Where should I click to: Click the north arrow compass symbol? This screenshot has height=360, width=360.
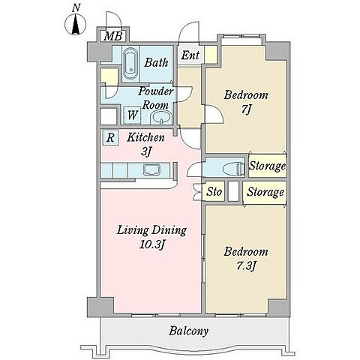tap(76, 24)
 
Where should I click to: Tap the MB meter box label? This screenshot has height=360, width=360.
tap(113, 36)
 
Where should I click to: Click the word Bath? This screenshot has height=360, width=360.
tap(156, 62)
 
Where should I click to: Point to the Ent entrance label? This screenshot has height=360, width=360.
tap(190, 55)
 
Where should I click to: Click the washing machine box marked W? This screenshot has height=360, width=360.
tap(133, 115)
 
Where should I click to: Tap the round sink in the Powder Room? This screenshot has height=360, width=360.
tap(161, 117)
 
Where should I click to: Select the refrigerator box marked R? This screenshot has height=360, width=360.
tap(110, 138)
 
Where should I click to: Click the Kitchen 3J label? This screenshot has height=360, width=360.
tap(145, 144)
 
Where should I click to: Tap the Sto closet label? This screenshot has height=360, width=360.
tap(214, 192)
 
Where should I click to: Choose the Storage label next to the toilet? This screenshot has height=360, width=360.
tap(268, 166)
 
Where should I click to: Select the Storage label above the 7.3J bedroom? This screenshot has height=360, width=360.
tap(265, 192)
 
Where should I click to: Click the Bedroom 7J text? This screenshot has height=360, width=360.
tap(246, 102)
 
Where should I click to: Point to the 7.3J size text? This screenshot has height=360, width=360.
tap(246, 265)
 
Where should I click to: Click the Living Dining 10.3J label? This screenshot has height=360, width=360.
tap(151, 237)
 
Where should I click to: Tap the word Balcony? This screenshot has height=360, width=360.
tap(188, 331)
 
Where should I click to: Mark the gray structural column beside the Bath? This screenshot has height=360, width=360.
tap(99, 52)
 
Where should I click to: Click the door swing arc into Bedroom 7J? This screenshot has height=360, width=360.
tap(217, 114)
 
